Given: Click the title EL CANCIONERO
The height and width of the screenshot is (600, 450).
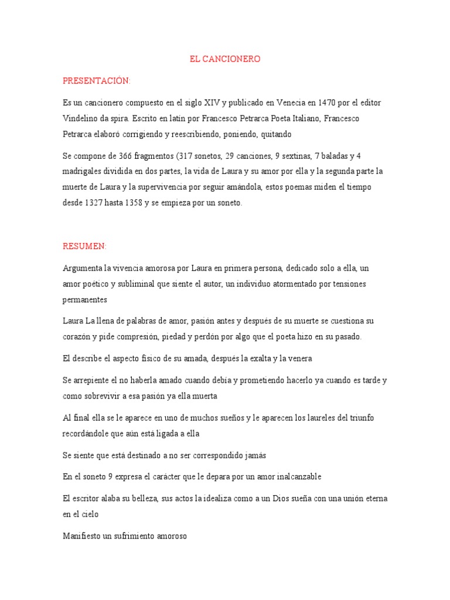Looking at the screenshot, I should pyautogui.click(x=225, y=59).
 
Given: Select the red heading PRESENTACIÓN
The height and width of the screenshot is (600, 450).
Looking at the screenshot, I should pyautogui.click(x=97, y=80).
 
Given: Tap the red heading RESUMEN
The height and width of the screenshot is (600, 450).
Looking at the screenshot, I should pyautogui.click(x=84, y=246).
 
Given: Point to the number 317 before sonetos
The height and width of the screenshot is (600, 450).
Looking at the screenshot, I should pyautogui.click(x=192, y=156).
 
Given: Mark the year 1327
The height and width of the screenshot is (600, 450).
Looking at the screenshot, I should pyautogui.click(x=94, y=203).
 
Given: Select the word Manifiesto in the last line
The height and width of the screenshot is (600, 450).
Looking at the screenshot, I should pyautogui.click(x=84, y=536).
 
